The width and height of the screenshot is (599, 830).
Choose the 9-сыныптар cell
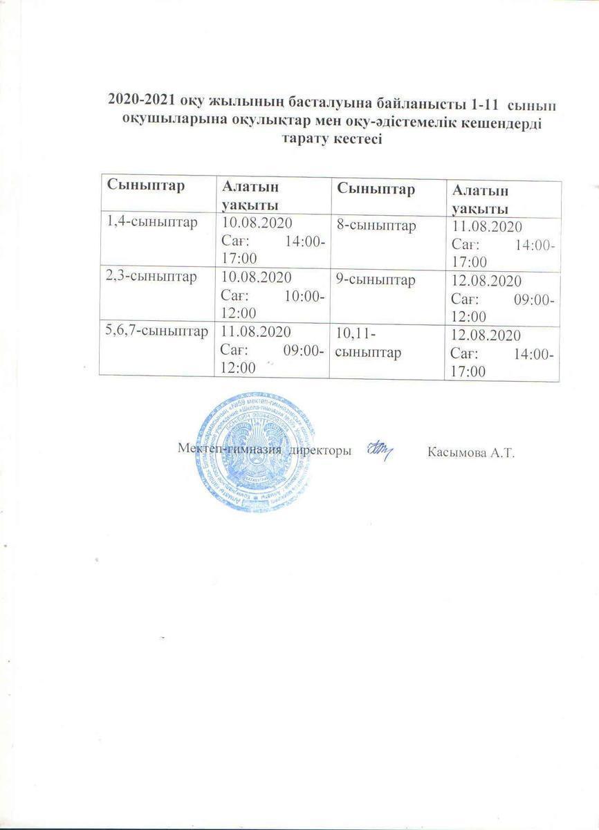point(376,280)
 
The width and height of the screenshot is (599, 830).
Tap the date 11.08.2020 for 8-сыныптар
point(487,227)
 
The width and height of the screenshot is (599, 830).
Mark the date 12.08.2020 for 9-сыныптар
point(487,282)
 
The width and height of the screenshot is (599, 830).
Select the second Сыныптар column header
point(376,189)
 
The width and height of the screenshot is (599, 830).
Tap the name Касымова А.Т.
point(472,452)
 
